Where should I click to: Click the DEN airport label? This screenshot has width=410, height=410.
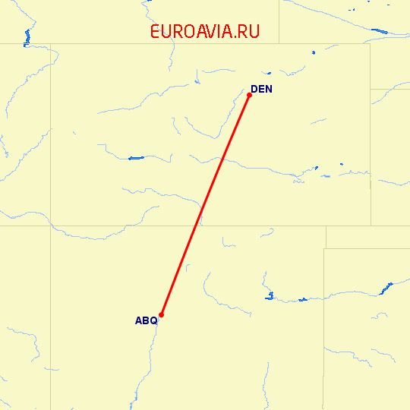coord(260,90)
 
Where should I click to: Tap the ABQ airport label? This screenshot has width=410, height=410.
coord(146,320)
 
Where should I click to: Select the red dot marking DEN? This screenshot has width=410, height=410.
coord(249,95)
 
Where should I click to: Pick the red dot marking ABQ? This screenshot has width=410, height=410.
coord(162,315)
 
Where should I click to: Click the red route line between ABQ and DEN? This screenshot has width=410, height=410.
coord(205,205)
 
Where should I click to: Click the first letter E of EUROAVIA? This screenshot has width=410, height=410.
coord(156,32)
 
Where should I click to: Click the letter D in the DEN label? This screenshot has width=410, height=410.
coord(254,90)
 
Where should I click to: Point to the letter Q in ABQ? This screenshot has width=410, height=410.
coord(153,320)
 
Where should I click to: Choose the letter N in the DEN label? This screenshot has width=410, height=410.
coord(268,90)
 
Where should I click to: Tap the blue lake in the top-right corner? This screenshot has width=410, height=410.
coord(379,31)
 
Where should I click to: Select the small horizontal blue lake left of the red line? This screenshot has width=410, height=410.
coord(136,158)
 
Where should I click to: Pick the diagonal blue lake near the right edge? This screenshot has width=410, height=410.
coord(387,288)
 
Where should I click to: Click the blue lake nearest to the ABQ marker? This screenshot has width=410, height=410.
coord(269,295)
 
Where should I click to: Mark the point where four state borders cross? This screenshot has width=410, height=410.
coord(52,225)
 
